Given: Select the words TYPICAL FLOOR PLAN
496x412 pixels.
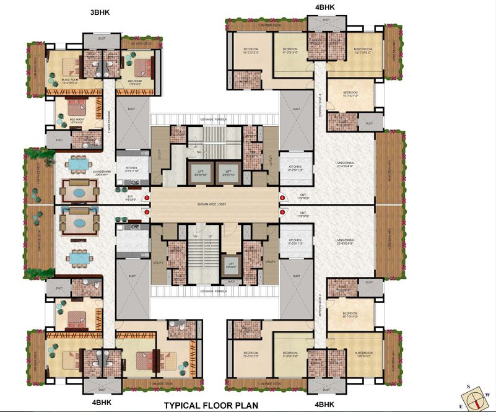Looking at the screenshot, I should [211, 406].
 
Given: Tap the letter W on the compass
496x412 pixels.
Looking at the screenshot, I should [487, 394].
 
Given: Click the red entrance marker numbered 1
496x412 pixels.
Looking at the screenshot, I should [147, 198].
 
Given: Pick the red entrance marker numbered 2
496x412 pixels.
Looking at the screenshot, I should [147, 213].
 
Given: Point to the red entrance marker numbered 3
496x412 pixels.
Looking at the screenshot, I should [282, 213].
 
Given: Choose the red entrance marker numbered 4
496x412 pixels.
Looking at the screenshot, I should [282, 198].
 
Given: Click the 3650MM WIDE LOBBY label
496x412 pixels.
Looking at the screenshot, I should [214, 204].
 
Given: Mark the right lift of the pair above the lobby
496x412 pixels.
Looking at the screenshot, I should [228, 173].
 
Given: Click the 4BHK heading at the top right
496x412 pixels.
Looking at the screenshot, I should [324, 7].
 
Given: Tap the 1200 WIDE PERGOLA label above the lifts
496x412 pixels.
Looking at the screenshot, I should [214, 117].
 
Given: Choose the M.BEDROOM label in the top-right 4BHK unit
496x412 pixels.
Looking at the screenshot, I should [362, 51].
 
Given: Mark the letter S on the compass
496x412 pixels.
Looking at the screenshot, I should [469, 386].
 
